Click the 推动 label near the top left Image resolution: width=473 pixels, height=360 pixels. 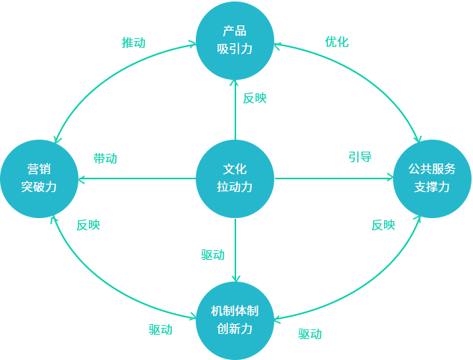(133, 43)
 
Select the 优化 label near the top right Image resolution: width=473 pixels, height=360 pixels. (336, 42)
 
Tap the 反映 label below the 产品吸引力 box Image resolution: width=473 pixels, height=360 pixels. (253, 98)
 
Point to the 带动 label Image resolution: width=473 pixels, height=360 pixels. (106, 159)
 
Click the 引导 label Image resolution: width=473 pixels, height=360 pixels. (359, 158)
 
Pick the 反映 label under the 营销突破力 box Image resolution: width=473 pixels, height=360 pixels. (86, 225)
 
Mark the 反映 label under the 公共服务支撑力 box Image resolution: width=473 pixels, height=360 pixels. (383, 225)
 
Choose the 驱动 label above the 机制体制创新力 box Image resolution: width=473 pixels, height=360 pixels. (214, 255)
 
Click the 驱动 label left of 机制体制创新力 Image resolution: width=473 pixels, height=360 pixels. (161, 329)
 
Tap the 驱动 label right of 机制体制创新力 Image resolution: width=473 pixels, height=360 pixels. (310, 334)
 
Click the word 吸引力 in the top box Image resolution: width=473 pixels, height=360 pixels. (235, 49)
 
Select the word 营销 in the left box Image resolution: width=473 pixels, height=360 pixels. (39, 169)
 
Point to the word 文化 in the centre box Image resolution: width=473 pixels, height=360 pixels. (235, 169)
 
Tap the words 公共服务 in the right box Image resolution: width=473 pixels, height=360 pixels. (432, 169)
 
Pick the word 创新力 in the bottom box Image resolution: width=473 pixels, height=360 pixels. (235, 329)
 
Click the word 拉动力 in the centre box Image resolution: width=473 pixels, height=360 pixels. (235, 187)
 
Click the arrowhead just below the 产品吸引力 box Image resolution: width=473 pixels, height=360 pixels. (234, 84)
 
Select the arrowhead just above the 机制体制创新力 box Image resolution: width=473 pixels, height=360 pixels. (236, 278)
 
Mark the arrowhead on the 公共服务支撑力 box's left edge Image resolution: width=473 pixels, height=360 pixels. (390, 178)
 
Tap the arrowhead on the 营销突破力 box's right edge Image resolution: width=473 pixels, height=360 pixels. (81, 179)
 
